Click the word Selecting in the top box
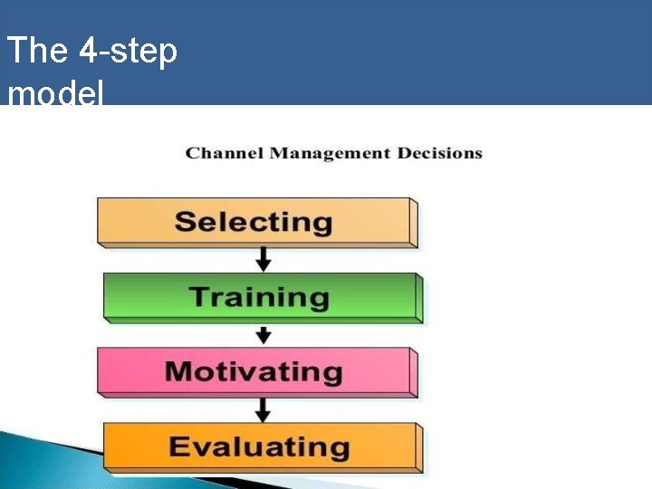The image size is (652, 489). click(254, 222)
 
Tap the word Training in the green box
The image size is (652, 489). click(259, 297)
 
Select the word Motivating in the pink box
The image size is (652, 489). click(254, 371)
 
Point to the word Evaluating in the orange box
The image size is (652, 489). click(259, 446)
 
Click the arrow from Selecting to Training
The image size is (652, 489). click(264, 259)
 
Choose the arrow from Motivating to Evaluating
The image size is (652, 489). click(264, 409)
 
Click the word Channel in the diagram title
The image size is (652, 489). click(225, 153)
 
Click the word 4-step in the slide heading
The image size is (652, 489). click(128, 51)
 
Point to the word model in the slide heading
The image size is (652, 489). click(55, 92)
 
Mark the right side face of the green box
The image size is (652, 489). click(418, 298)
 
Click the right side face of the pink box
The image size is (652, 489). click(413, 372)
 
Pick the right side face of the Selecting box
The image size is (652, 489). click(413, 223)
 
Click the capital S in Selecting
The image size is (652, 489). click(186, 222)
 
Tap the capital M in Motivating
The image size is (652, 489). click(181, 371)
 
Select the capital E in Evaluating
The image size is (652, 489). click(180, 446)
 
